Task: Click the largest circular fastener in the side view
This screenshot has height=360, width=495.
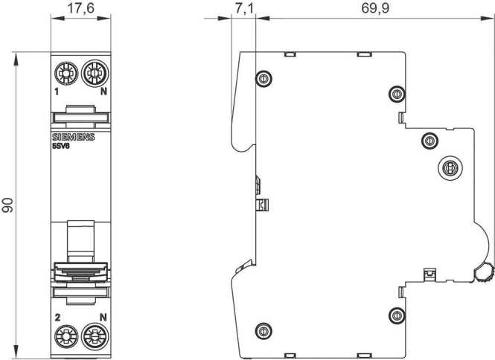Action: pos(449,168)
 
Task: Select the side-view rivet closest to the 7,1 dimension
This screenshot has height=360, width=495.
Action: pos(261,79)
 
